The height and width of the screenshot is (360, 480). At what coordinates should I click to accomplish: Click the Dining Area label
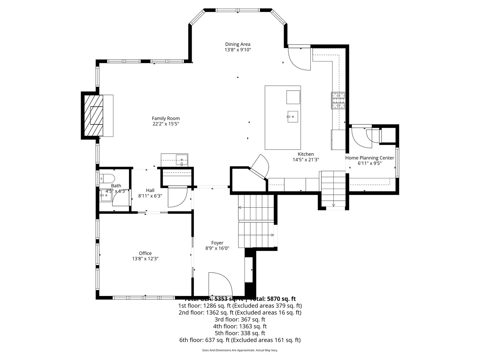pos(238,44)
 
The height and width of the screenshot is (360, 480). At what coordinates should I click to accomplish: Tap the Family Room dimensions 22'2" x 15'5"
pos(166,124)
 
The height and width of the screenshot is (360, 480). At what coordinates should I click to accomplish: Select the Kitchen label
pos(306,154)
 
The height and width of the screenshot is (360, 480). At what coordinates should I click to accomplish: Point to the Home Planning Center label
pos(370,158)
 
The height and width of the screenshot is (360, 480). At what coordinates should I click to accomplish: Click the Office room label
pos(145,253)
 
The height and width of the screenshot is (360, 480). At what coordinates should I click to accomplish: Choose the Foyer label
pos(217,243)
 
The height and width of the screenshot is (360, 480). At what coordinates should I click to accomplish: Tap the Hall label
pos(150,190)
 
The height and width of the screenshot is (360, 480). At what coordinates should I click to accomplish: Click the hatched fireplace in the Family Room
pos(93,115)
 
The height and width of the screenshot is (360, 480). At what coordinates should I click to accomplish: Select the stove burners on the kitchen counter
pos(338,100)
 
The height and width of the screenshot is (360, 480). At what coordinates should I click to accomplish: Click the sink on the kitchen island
pos(293,117)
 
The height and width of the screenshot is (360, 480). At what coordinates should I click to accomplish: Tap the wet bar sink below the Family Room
pos(182,160)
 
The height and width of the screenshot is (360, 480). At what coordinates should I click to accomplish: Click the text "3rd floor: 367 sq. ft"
pos(240,319)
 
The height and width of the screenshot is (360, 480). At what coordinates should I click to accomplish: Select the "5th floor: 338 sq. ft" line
pos(240,333)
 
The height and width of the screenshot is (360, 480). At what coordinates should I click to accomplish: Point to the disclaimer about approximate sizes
pos(240,350)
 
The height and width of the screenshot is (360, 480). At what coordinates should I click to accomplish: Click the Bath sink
pos(106,196)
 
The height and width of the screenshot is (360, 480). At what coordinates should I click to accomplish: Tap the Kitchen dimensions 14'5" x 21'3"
pos(306,160)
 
